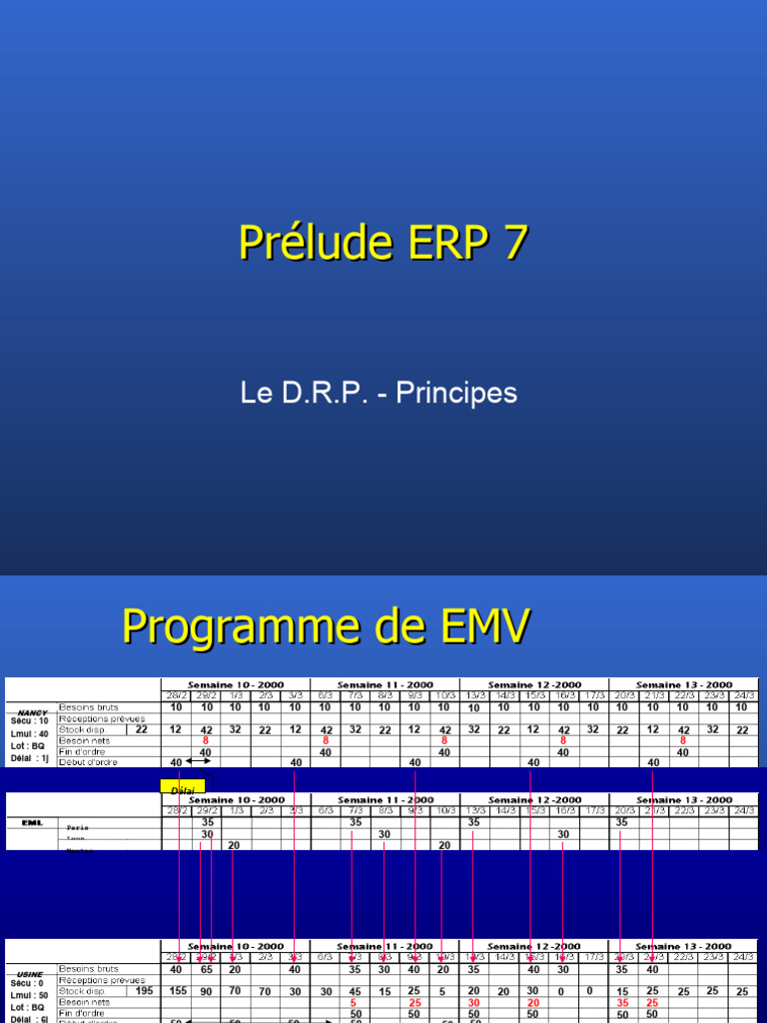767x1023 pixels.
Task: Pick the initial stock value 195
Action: [x=144, y=991]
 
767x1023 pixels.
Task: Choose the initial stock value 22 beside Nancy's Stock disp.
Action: [x=142, y=729]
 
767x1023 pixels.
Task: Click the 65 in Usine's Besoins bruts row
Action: [x=206, y=969]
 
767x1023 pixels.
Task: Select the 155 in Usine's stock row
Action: [x=177, y=991]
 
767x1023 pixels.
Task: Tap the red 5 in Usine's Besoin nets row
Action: [x=354, y=1002]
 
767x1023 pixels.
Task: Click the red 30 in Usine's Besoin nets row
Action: [x=473, y=1002]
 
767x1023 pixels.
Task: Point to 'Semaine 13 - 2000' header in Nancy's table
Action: [x=683, y=685]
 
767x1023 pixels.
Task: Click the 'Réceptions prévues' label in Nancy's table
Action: [x=102, y=718]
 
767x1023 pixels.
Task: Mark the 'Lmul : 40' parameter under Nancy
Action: [x=30, y=733]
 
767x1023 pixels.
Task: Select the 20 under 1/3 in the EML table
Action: [x=235, y=845]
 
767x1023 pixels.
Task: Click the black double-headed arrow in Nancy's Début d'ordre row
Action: [x=198, y=762]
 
